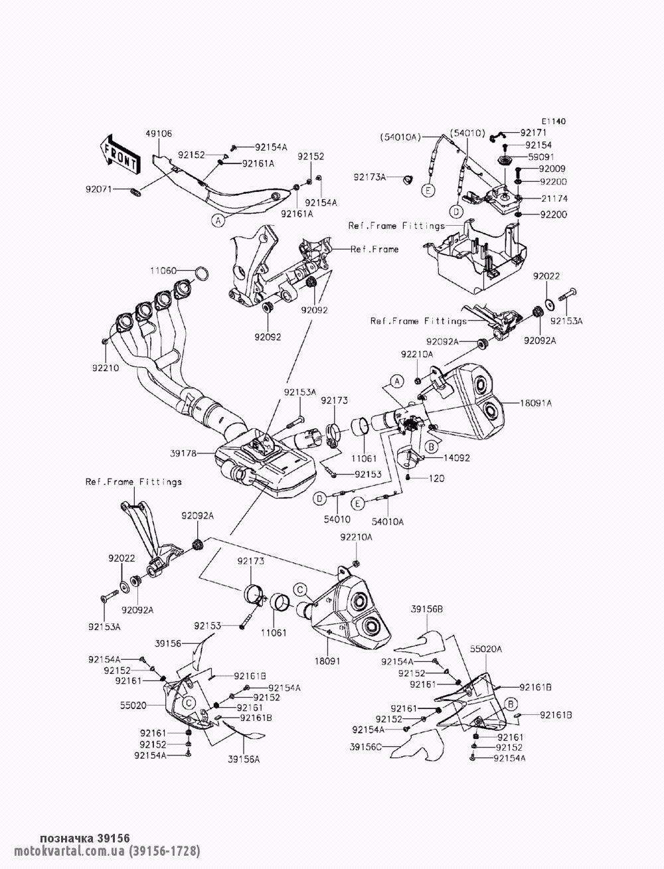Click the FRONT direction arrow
pyautogui.click(x=120, y=155)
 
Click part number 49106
pyautogui.click(x=159, y=134)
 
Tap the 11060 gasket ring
pyautogui.click(x=202, y=274)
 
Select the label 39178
pyautogui.click(x=183, y=453)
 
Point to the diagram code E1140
pyautogui.click(x=554, y=121)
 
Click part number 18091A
pyautogui.click(x=536, y=404)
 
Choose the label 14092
pyautogui.click(x=457, y=458)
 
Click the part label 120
pyautogui.click(x=437, y=478)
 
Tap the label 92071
pyautogui.click(x=99, y=190)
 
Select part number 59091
pyautogui.click(x=541, y=157)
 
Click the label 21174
pyautogui.click(x=554, y=198)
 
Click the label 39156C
pyautogui.click(x=366, y=747)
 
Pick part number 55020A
pyautogui.click(x=486, y=649)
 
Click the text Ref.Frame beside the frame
pyautogui.click(x=374, y=250)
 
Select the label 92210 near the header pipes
pyautogui.click(x=106, y=368)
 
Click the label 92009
pyautogui.click(x=552, y=169)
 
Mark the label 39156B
pyautogui.click(x=427, y=609)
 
